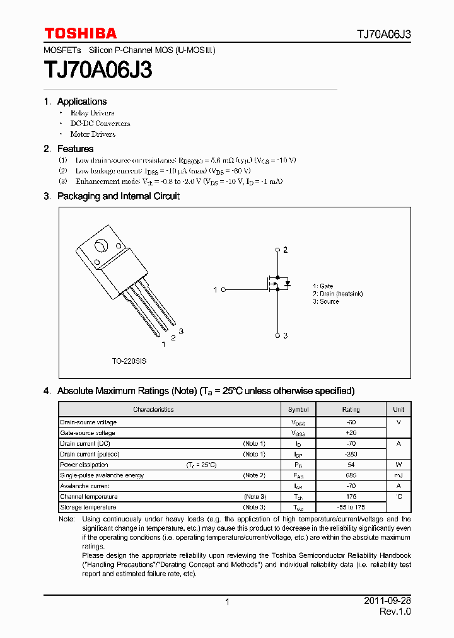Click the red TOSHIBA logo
(x=80, y=33)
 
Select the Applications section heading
(x=81, y=101)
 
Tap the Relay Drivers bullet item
(x=92, y=113)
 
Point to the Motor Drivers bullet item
(x=93, y=134)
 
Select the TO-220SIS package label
(x=129, y=361)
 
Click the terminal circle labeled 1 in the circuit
(x=223, y=289)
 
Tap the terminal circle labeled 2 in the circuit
(x=277, y=250)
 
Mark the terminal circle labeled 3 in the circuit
(x=277, y=335)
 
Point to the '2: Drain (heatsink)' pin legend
(x=337, y=294)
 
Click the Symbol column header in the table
(x=298, y=410)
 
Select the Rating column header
(x=351, y=410)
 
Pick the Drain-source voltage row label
(x=88, y=422)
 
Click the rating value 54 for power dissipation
(x=351, y=465)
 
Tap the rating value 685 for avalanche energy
(x=351, y=475)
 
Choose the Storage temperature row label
(x=88, y=507)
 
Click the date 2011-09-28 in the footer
(x=387, y=601)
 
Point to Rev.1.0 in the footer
(x=395, y=612)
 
